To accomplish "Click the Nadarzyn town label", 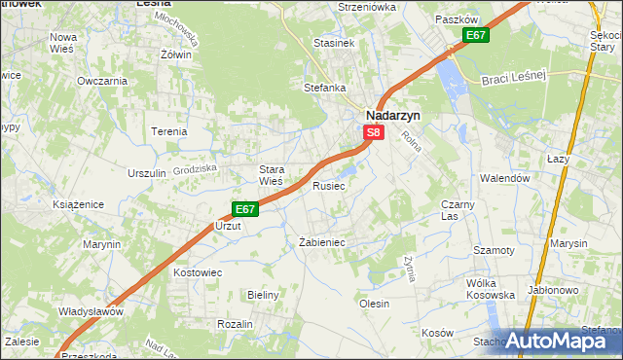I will tap(392, 114).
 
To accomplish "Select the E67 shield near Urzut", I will tap(244, 208).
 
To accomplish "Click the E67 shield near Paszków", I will tap(475, 36).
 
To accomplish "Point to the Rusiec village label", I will tap(328, 185).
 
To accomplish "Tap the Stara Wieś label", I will tap(270, 174).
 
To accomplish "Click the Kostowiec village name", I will tap(199, 272).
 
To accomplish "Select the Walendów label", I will tap(504, 179).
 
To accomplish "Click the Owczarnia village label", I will tap(102, 81).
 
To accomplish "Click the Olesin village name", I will tap(375, 304).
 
